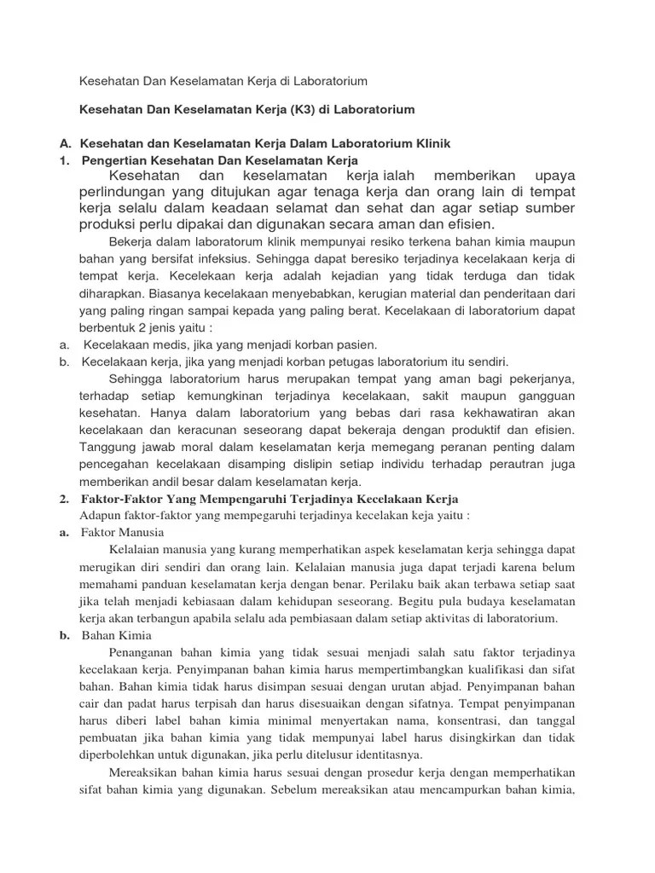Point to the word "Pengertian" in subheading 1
[x=122, y=159]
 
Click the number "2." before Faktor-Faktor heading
[x=65, y=499]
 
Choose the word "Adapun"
[x=101, y=516]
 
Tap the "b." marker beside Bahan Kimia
[x=65, y=636]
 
